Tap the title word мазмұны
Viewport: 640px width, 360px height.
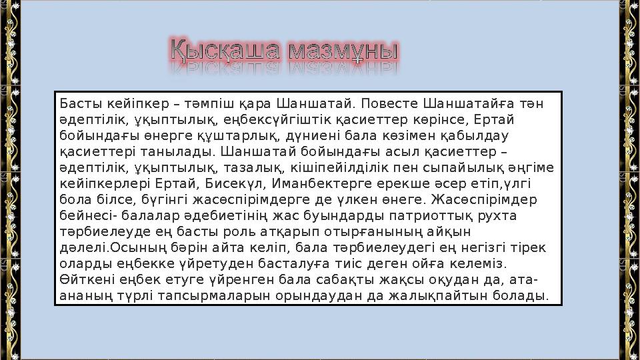(x=339, y=51)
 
